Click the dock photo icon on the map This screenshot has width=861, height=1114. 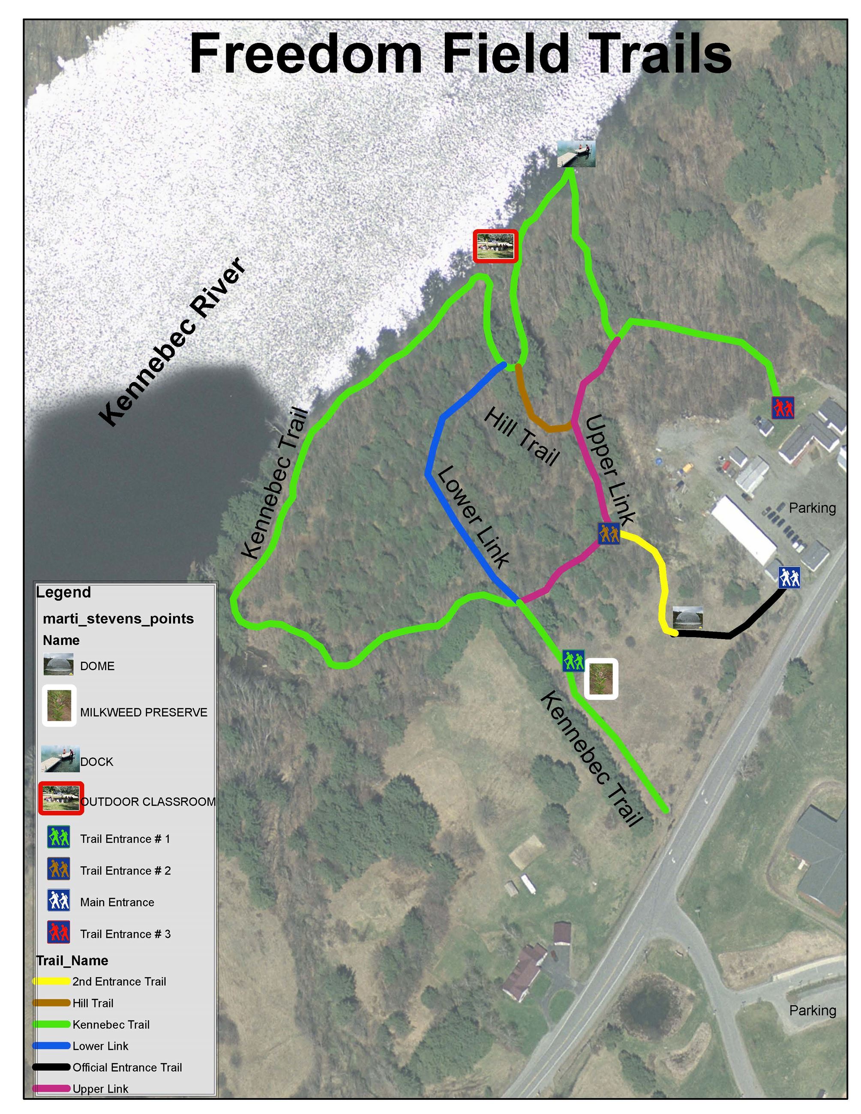coord(576,154)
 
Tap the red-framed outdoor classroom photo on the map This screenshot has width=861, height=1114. coord(495,246)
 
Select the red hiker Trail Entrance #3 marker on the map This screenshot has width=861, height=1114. coord(783,407)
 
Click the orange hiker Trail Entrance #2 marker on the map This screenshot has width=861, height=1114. coord(609,533)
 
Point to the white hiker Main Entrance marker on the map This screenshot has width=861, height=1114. coord(789,578)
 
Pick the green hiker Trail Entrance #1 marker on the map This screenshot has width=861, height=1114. coord(573,661)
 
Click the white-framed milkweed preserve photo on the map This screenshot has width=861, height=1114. coord(601,678)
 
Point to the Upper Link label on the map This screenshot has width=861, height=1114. coord(610,469)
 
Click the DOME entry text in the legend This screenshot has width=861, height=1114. coord(97,666)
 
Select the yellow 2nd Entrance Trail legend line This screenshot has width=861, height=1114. coord(51,981)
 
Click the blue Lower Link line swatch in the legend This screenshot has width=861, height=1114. coord(51,1045)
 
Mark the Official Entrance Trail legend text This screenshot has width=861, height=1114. coord(127,1067)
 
